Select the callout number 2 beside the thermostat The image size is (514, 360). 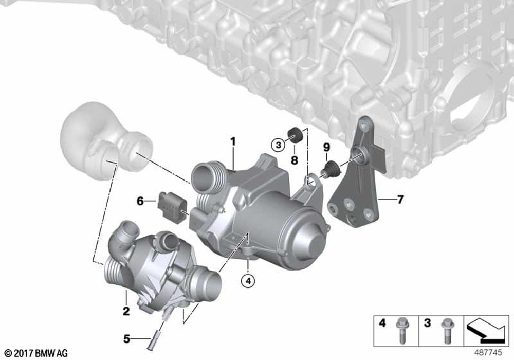coord(126,311)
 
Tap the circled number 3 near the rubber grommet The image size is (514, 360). coord(279,146)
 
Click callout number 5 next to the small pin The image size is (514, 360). coord(126,339)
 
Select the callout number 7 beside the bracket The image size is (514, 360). coord(400,199)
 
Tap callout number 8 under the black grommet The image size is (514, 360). coord(295,160)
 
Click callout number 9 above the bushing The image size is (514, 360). coord(326,148)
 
